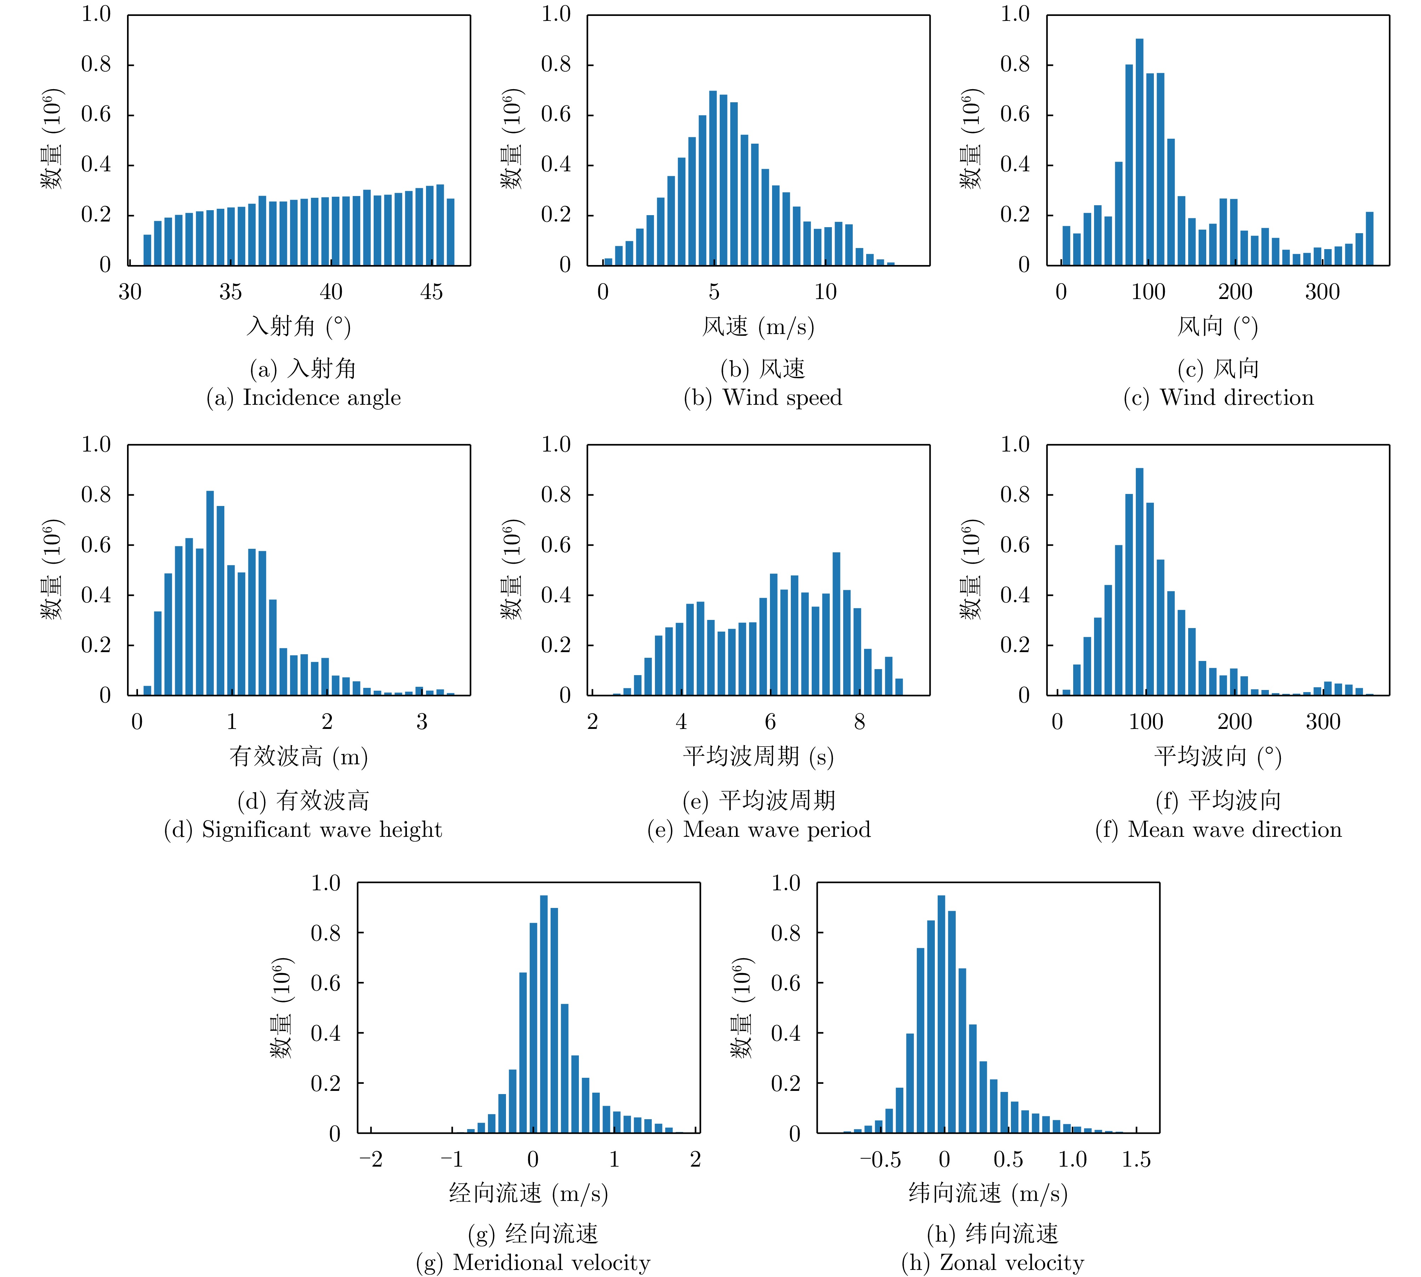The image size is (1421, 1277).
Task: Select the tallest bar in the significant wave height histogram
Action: click(x=210, y=593)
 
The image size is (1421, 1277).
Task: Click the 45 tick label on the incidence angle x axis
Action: click(x=431, y=292)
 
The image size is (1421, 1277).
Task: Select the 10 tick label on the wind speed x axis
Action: click(x=825, y=292)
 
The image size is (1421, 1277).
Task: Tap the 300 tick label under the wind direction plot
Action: click(x=1322, y=292)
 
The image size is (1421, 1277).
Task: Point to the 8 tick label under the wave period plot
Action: click(x=859, y=722)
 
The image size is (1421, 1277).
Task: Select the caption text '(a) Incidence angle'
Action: click(x=303, y=398)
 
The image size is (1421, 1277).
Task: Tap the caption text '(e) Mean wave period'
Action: click(x=759, y=829)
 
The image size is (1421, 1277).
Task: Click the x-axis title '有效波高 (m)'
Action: click(x=298, y=757)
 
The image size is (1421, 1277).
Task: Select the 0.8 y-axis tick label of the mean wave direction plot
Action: click(x=1015, y=495)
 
